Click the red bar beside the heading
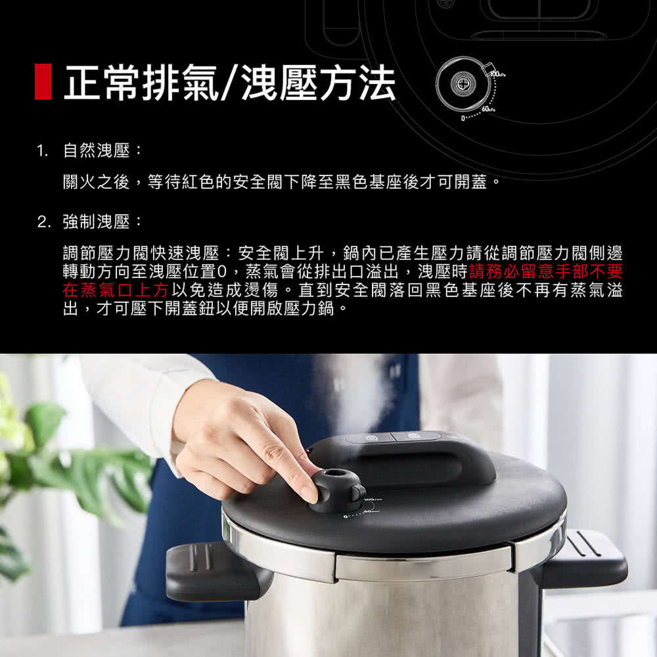click(x=43, y=81)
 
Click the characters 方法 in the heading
click(x=357, y=83)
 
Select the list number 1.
click(x=42, y=150)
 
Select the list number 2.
click(x=43, y=221)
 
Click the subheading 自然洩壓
click(x=97, y=150)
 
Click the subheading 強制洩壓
click(x=97, y=221)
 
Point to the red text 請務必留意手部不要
click(x=545, y=271)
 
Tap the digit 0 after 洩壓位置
click(x=222, y=272)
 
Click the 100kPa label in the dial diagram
click(x=497, y=75)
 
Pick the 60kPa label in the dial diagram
click(x=489, y=109)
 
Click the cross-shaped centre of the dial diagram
click(x=463, y=83)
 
